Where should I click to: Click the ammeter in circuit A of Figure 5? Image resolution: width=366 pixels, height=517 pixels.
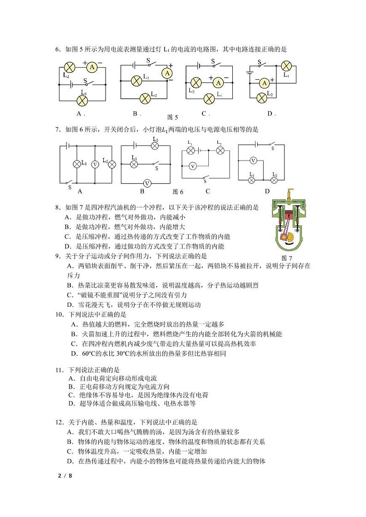click(92, 67)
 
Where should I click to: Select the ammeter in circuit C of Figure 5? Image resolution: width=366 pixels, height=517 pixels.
click(218, 82)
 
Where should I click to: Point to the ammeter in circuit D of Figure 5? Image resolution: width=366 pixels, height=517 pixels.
click(265, 82)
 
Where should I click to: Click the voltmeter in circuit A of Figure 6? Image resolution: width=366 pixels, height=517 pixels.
click(95, 164)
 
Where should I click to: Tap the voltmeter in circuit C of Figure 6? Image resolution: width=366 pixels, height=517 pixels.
click(194, 165)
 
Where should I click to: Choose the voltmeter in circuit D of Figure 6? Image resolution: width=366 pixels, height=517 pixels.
click(253, 160)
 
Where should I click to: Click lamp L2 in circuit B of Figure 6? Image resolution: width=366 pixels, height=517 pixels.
click(155, 146)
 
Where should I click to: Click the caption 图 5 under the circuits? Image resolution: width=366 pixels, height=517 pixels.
click(171, 117)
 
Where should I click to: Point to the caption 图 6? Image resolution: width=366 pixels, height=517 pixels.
click(178, 192)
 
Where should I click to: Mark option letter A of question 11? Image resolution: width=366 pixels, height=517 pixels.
click(71, 378)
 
